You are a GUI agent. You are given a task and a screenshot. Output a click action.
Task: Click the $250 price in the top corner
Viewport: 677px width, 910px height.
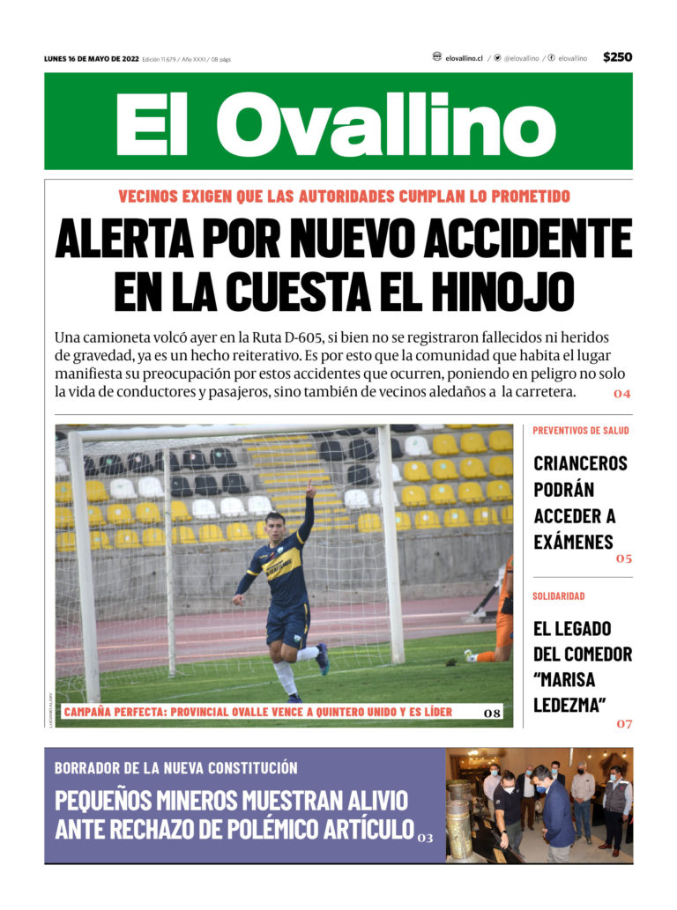[x=617, y=57]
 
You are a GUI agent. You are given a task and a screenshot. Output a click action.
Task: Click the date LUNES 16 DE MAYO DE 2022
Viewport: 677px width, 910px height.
[x=91, y=58]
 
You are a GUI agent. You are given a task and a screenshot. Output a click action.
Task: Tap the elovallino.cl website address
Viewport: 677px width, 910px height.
[x=464, y=58]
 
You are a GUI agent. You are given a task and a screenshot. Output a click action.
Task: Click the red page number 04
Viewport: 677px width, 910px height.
[x=622, y=394]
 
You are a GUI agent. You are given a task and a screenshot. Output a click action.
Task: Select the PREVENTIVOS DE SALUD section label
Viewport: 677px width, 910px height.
[x=580, y=431]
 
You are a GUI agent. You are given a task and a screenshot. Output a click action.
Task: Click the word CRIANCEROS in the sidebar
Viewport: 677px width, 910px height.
[x=580, y=463]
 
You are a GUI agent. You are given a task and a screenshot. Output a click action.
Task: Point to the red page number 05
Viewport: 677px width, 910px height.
[x=624, y=559]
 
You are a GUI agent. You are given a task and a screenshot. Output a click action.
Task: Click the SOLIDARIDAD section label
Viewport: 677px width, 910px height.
[x=558, y=596]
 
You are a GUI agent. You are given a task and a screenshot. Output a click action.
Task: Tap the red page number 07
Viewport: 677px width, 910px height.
[x=624, y=724]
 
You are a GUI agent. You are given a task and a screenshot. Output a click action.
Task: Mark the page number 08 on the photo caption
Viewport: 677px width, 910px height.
[x=493, y=713]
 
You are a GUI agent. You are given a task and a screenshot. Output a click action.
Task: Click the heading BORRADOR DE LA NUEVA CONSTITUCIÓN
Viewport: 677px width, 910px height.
[x=176, y=768]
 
